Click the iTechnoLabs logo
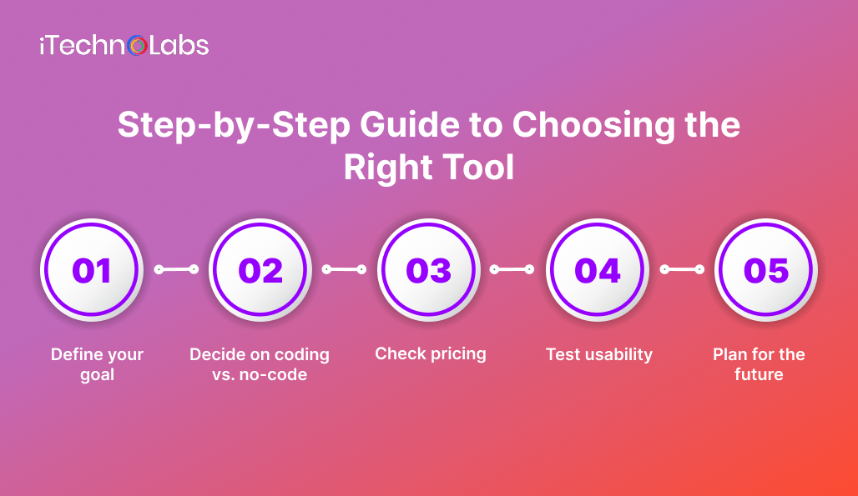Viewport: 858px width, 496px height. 124,46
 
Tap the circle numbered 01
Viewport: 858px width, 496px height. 92,270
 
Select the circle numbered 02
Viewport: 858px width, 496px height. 260,270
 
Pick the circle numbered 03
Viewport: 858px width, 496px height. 429,270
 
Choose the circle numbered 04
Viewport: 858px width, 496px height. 598,270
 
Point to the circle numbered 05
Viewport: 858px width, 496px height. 765,270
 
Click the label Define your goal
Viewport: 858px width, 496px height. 97,364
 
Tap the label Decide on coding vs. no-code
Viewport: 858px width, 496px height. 260,364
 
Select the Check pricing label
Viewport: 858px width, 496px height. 430,353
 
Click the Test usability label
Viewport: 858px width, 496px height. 598,354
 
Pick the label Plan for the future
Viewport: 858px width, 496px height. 759,364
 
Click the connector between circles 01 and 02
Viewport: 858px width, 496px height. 176,269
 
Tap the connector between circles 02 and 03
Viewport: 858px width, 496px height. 345,269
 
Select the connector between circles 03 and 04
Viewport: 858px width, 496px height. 512,269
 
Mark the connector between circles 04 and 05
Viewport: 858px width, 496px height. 682,269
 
